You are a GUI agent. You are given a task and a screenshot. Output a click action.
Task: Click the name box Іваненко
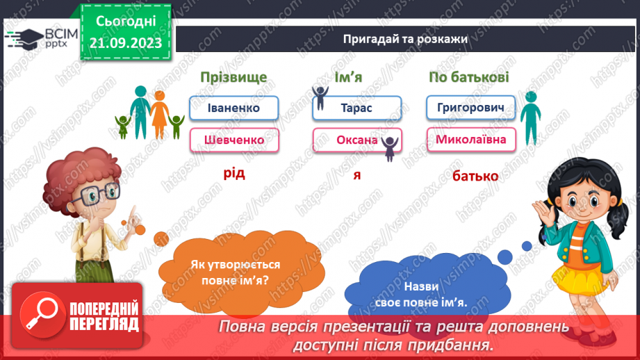(x=233, y=108)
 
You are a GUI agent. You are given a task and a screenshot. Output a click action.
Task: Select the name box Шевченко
(x=233, y=140)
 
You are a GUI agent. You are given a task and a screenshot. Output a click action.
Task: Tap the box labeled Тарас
(x=356, y=108)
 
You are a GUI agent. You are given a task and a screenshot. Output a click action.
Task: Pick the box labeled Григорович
(x=470, y=108)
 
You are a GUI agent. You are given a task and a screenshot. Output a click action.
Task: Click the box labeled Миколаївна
(x=470, y=140)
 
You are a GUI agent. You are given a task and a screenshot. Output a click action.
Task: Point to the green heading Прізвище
(x=233, y=77)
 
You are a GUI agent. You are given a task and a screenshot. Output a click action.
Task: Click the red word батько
(x=475, y=176)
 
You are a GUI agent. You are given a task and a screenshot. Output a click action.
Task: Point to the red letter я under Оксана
(x=356, y=174)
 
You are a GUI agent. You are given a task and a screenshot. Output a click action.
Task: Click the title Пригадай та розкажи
(x=405, y=39)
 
